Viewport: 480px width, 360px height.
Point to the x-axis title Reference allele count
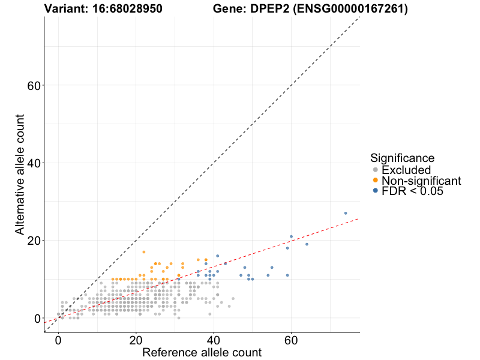tap(202, 352)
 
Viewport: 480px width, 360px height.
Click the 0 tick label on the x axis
tap(58, 339)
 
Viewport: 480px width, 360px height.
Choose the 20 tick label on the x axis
tap(136, 339)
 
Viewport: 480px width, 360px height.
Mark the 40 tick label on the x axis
tap(214, 339)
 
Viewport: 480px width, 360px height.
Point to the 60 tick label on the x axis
tap(291, 339)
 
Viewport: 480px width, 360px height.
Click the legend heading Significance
tap(402, 158)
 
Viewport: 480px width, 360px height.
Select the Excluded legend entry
tap(406, 170)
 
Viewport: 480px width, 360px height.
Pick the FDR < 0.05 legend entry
tap(412, 191)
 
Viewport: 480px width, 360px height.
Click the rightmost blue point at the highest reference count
tap(346, 213)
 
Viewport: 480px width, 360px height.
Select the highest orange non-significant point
tap(143, 252)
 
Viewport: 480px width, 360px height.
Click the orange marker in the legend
tap(376, 181)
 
